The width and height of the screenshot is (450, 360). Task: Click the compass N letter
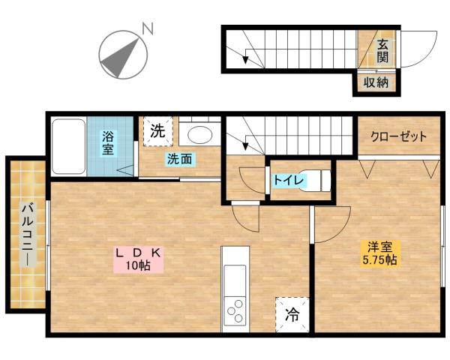tap(148, 29)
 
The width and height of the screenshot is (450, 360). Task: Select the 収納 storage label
tap(376, 82)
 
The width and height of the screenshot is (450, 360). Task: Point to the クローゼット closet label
tap(398, 137)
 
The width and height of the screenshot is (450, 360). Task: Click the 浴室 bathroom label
tap(108, 143)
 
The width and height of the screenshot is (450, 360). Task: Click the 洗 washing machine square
tap(157, 130)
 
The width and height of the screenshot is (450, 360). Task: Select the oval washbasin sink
tap(199, 136)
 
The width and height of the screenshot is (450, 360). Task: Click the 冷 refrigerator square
tap(291, 315)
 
